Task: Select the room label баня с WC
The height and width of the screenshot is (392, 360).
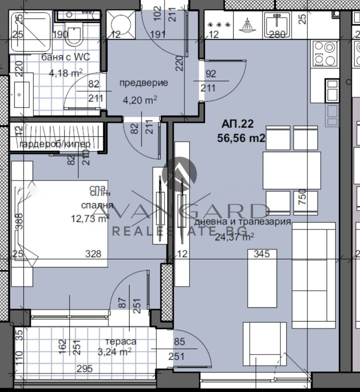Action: (x=65, y=57)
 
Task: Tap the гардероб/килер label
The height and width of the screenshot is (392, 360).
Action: (x=55, y=144)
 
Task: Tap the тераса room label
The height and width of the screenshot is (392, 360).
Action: (x=121, y=342)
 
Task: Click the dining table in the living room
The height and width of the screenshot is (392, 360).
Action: (x=292, y=170)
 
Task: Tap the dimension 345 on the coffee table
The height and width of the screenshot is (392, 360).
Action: (x=261, y=254)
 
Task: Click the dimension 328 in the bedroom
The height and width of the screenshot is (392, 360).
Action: (x=94, y=254)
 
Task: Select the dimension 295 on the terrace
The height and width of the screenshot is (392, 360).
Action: (x=84, y=369)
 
